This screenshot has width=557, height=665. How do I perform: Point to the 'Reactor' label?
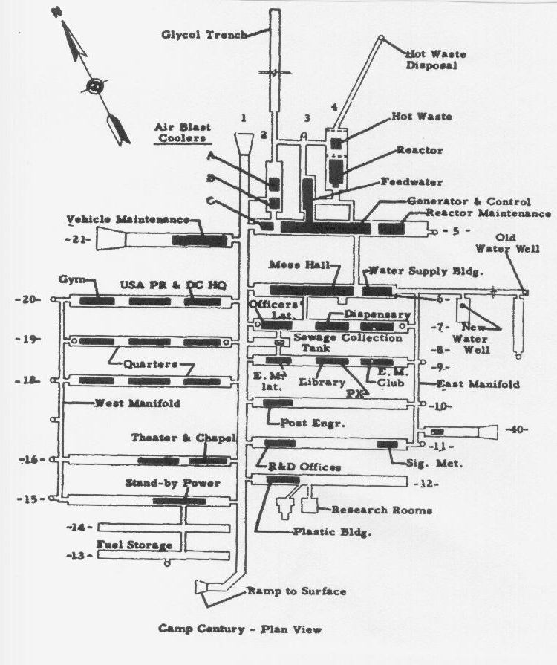[x=419, y=150]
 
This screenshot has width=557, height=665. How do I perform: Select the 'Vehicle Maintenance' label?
[x=127, y=219]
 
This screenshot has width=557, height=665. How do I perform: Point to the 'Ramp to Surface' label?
[x=296, y=591]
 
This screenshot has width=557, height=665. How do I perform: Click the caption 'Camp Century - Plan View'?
[x=240, y=629]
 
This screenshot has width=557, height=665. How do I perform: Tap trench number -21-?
[x=79, y=239]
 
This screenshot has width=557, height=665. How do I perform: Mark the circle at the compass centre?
[x=94, y=85]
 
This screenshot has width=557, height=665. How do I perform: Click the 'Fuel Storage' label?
[x=135, y=545]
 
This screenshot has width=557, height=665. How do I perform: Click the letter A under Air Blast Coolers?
[x=210, y=156]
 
